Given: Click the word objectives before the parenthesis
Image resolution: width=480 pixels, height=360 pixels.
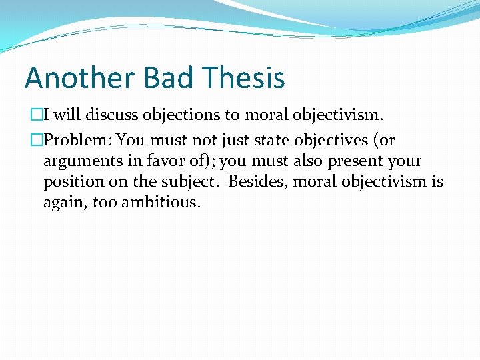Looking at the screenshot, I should (x=327, y=141).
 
